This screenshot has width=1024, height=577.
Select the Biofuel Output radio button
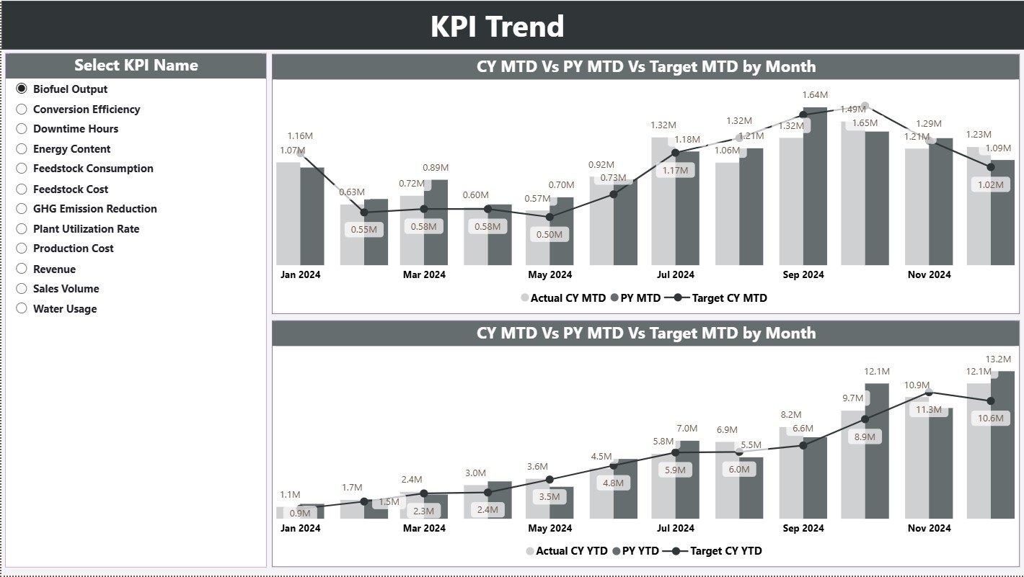(22, 89)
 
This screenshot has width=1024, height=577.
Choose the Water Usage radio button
(22, 308)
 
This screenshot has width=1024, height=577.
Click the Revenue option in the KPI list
(54, 269)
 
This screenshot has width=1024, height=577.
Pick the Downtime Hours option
(75, 129)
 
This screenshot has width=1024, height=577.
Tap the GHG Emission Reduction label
(94, 209)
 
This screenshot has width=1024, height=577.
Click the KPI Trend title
(497, 27)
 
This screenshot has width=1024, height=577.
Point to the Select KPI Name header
(136, 66)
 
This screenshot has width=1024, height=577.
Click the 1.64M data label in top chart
(815, 95)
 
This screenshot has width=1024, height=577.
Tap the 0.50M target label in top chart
(549, 235)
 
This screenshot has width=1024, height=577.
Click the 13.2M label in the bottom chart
(999, 359)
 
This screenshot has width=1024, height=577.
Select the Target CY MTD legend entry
(728, 298)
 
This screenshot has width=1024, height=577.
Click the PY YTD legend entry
(640, 551)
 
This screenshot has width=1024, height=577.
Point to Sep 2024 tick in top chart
(803, 274)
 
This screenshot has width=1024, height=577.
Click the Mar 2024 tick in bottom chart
(424, 528)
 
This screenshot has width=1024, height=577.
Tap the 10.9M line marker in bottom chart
(930, 393)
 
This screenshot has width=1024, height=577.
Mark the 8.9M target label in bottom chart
(865, 437)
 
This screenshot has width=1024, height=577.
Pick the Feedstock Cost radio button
(22, 189)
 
